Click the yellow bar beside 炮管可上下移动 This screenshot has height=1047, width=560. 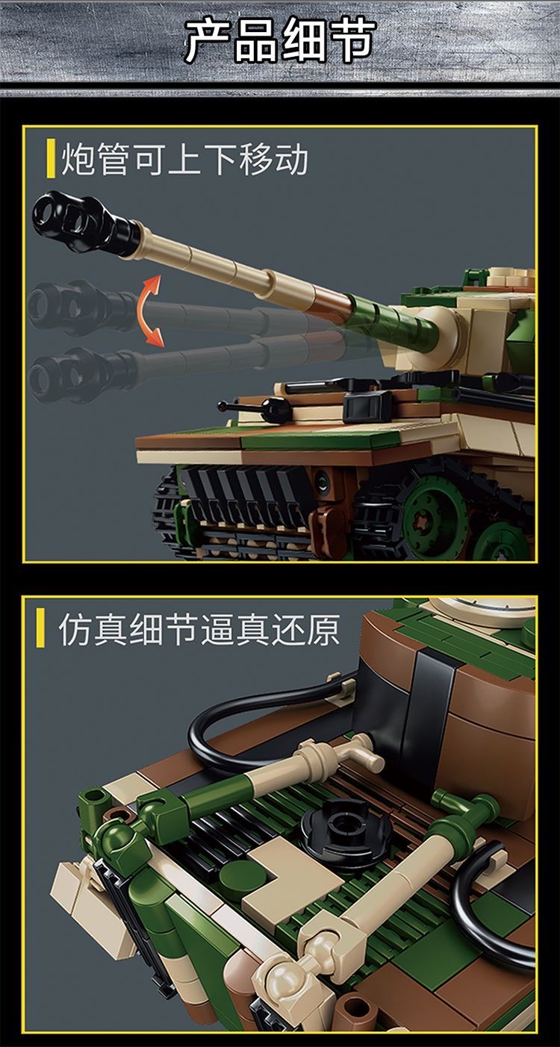click(x=50, y=159)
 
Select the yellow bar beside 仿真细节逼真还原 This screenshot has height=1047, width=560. click(x=41, y=630)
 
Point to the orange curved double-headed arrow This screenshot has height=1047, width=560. click(x=149, y=310)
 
